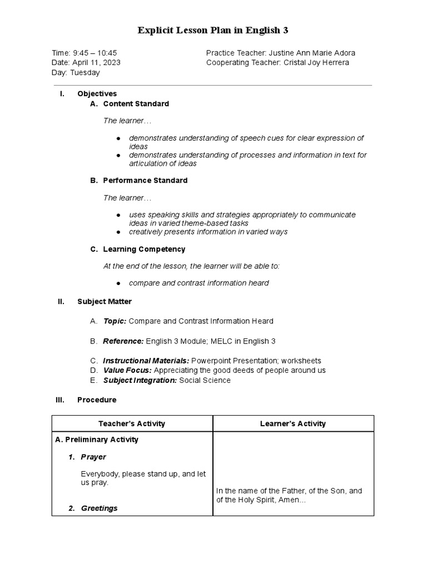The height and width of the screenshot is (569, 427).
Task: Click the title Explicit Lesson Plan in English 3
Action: (x=213, y=31)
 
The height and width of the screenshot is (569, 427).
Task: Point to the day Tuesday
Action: (x=85, y=73)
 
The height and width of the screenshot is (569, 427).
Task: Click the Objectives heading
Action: (x=97, y=94)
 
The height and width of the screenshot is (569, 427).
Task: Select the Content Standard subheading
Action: (x=136, y=104)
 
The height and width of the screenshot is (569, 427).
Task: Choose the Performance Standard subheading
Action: (x=145, y=181)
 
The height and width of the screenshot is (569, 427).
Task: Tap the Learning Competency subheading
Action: (x=144, y=249)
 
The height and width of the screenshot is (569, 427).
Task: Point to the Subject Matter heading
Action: (x=105, y=302)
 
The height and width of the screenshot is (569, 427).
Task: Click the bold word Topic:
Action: (x=115, y=321)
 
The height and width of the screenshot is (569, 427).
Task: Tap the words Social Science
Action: (x=205, y=381)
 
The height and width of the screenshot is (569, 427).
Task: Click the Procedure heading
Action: (x=97, y=400)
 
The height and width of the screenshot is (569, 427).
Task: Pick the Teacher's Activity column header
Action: (x=132, y=424)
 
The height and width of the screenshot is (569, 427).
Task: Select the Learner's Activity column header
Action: (x=293, y=424)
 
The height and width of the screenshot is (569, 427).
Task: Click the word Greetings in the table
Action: (x=99, y=508)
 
